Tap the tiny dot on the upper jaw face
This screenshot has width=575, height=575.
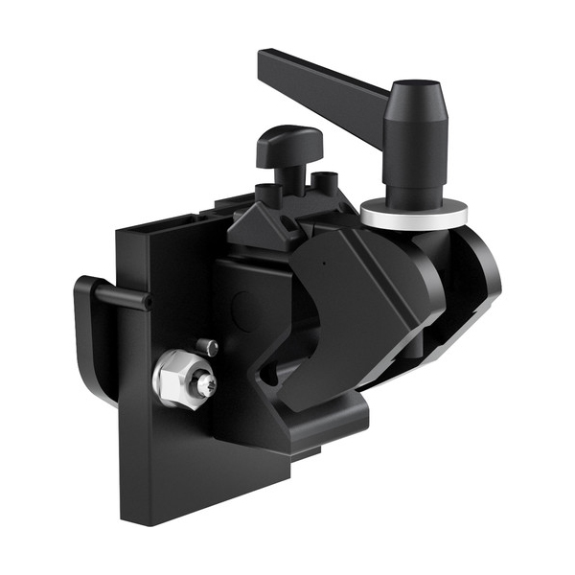pyautogui.click(x=323, y=260)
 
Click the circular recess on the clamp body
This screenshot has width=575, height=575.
pyautogui.click(x=246, y=309)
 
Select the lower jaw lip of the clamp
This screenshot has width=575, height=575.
pyautogui.click(x=316, y=422)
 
